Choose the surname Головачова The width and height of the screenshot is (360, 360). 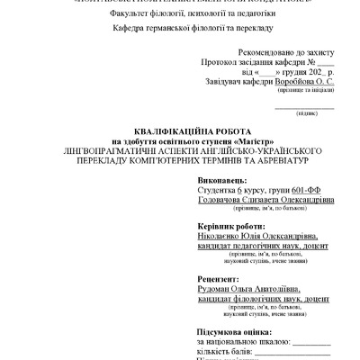tap(220, 203)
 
